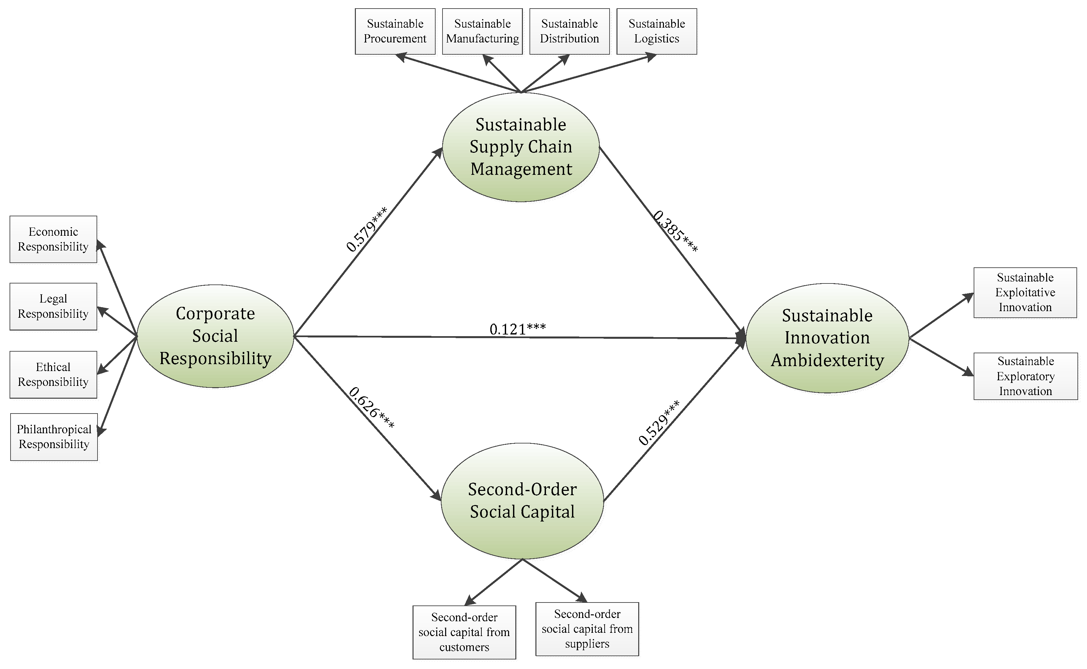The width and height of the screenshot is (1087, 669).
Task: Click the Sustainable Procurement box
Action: [395, 31]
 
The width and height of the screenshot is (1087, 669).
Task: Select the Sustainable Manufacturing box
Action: [482, 31]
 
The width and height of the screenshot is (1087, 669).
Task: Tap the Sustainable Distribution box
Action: [569, 31]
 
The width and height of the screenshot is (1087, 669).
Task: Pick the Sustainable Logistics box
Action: [657, 31]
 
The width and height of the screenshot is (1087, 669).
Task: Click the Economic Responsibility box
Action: [53, 239]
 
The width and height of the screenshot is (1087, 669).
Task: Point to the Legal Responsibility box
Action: [53, 307]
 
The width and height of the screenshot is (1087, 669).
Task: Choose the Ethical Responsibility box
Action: [53, 375]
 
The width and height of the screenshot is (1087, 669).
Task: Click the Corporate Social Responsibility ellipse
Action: [215, 336]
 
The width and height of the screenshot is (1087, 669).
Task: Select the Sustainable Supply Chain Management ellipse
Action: [521, 147]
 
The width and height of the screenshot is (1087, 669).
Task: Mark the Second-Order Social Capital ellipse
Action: [523, 501]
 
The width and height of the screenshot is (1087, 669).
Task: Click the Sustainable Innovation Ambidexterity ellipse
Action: [827, 338]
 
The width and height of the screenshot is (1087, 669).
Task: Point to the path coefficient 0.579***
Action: [367, 229]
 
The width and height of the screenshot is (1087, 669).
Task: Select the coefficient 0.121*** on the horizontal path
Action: [518, 329]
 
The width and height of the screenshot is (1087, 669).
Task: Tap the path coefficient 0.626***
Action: [371, 408]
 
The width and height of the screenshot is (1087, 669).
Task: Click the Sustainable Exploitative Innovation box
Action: [1025, 292]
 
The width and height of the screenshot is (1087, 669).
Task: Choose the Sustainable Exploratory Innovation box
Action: [1025, 376]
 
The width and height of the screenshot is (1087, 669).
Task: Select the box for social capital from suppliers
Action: [587, 629]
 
